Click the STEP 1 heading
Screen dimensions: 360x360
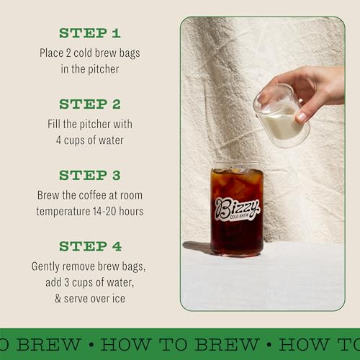[x=90, y=33]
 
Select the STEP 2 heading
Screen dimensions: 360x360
[x=90, y=104]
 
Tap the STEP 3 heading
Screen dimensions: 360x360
[x=90, y=175]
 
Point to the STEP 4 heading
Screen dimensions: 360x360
[x=90, y=246]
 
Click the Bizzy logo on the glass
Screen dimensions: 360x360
[x=236, y=206]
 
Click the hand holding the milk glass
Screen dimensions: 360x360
[x=317, y=86]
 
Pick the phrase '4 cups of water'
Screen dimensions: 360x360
[x=90, y=139]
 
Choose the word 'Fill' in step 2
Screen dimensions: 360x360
[x=55, y=124]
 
